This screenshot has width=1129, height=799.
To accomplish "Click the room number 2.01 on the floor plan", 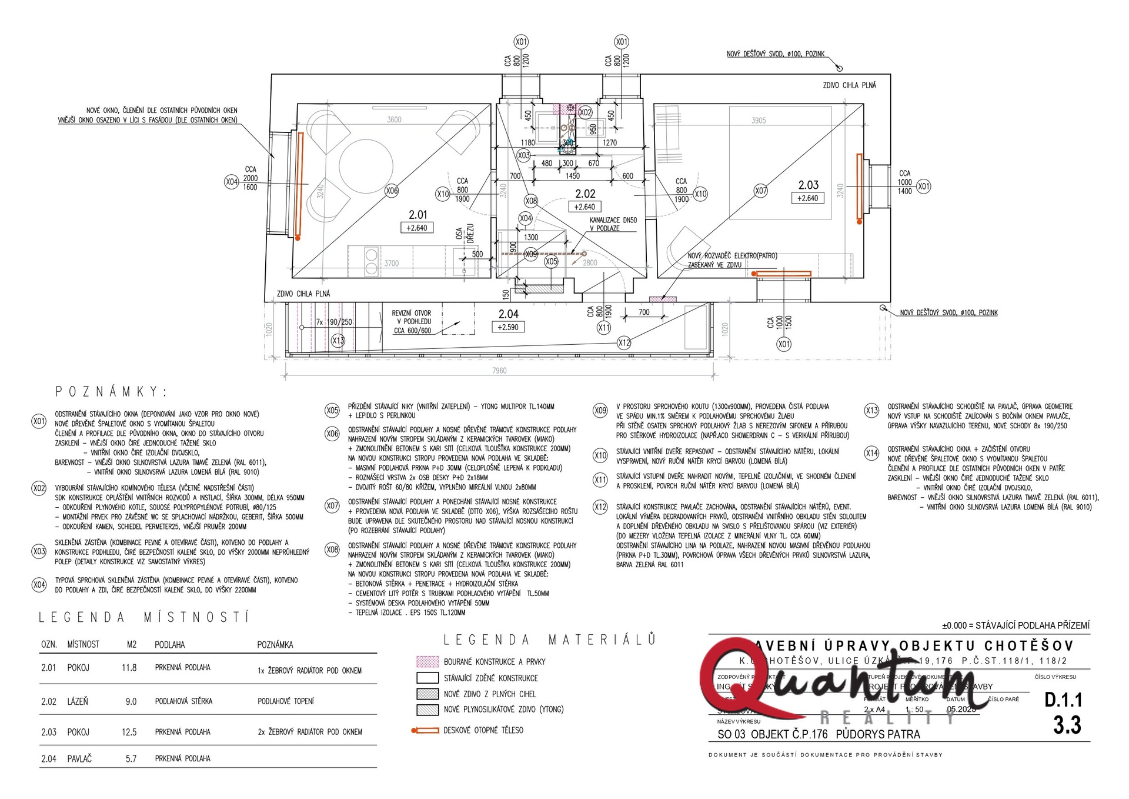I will (418, 215).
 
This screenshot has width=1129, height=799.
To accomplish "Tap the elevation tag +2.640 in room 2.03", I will (808, 198).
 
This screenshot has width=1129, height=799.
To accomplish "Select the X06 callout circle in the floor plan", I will (392, 191).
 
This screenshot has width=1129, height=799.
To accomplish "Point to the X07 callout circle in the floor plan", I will (761, 191).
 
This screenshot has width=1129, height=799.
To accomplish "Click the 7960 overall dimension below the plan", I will (499, 370).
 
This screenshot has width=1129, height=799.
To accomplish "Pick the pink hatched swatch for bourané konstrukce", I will (427, 661).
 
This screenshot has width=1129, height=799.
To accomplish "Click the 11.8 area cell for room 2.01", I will (129, 668).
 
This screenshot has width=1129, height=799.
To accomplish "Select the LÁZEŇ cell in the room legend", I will (78, 701).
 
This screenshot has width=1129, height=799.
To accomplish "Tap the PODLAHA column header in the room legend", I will (170, 645).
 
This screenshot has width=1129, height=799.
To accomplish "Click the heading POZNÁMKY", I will (111, 392).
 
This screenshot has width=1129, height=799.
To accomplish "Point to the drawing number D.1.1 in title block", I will (1063, 700).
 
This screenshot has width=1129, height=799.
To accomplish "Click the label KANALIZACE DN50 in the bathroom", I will (613, 220).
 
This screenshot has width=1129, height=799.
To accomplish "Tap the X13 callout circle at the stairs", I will (338, 341).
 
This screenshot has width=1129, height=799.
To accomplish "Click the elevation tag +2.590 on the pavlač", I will (508, 327).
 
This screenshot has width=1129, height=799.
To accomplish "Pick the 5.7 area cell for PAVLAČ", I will (131, 759).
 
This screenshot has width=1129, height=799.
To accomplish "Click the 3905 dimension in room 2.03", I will (759, 121).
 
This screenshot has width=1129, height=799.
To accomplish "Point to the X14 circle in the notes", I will (871, 453).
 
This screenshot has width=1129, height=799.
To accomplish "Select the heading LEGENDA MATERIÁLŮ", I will (549, 640).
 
